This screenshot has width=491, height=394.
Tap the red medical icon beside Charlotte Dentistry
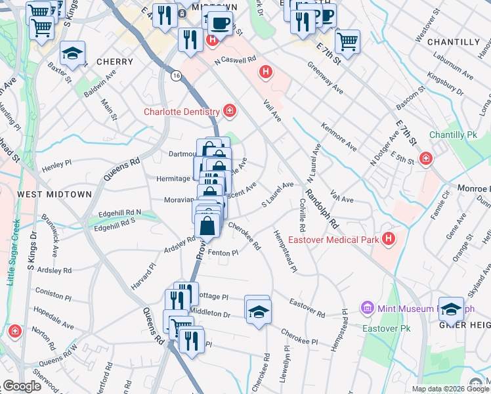click(x=230, y=110)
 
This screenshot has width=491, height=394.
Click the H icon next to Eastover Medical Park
click(x=389, y=239)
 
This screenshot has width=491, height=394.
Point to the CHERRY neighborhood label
click(x=115, y=61)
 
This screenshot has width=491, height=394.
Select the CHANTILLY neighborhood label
click(x=454, y=41)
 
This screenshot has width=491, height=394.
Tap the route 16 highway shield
click(x=176, y=76)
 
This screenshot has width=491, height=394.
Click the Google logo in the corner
click(x=22, y=386)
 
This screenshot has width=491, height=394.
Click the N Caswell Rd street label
click(x=236, y=60)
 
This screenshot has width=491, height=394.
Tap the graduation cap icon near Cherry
click(x=73, y=55)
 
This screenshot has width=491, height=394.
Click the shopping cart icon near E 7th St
click(x=347, y=41)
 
